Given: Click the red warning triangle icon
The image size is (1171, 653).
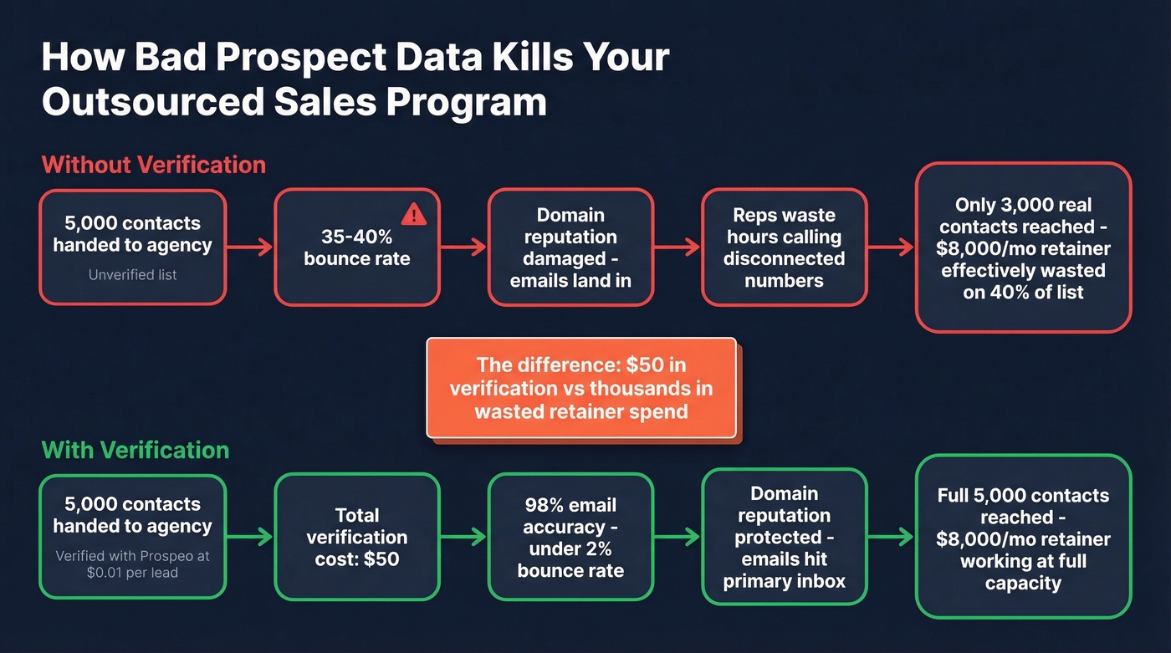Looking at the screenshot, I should pos(414,215).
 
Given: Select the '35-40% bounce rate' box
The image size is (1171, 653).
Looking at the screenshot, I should pos(357,247).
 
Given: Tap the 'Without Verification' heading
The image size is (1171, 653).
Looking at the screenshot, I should pos(154,164).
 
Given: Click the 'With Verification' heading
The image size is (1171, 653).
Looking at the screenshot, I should pos(136,450).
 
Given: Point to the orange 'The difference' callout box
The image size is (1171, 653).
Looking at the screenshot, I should pos(581,388).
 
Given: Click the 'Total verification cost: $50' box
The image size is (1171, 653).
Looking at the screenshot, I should pos(357,537).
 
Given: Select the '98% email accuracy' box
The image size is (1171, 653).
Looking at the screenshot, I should pos(570,537).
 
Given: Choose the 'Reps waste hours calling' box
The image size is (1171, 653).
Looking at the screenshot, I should pos(784,247).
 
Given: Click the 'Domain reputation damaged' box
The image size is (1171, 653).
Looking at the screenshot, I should pos(570,247).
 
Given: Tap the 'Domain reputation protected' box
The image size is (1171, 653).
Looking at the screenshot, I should pos(784,537).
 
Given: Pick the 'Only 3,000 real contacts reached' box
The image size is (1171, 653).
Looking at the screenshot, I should pos(1023,248).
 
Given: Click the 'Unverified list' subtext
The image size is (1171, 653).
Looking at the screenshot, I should pos(133,273).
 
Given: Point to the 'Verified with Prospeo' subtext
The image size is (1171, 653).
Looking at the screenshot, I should pos(133,563).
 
